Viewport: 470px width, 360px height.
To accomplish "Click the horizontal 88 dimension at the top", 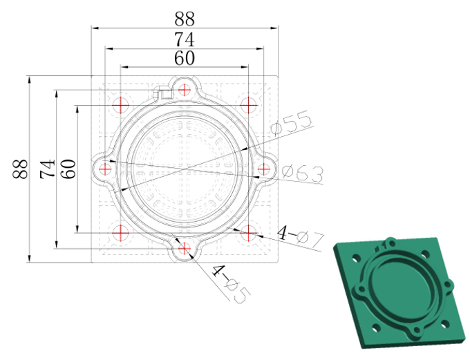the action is pos(185,19).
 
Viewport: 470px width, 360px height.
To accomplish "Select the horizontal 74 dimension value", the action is pos(185,39).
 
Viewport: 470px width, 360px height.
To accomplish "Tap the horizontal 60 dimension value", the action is pos(185,58).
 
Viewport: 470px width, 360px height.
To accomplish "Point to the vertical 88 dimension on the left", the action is pos(20,169).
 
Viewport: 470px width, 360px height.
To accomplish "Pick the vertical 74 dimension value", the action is pos(48,169).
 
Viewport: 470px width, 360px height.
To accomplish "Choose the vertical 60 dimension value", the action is pos(68,169).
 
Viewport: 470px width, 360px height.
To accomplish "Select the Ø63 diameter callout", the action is pos(303,174).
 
